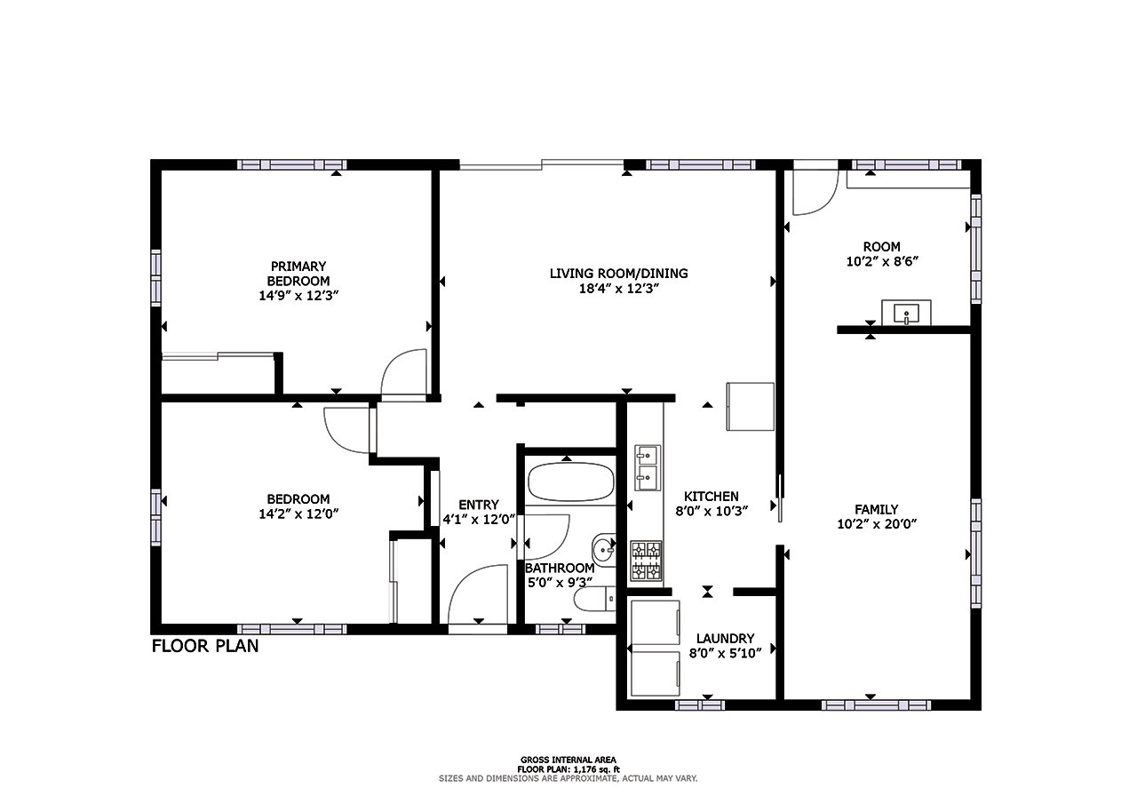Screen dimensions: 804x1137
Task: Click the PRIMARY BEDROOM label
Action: click(298, 274)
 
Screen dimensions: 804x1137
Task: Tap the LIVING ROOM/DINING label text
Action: click(618, 274)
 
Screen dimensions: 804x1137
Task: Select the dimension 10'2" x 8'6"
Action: click(881, 262)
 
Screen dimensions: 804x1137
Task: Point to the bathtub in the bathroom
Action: click(570, 482)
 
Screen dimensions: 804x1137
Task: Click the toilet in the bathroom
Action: click(593, 601)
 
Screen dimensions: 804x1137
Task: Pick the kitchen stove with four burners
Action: click(646, 561)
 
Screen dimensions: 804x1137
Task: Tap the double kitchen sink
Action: click(646, 467)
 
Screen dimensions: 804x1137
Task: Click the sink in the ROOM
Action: click(905, 313)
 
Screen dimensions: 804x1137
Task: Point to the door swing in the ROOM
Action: click(814, 191)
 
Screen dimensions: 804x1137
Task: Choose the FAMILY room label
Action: click(877, 510)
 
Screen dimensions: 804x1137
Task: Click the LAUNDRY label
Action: click(725, 639)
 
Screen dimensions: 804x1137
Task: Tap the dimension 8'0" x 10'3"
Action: click(712, 511)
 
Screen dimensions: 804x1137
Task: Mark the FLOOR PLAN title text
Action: click(205, 646)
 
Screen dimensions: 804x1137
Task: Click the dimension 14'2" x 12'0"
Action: click(298, 513)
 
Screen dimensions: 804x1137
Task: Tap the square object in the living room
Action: click(751, 406)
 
